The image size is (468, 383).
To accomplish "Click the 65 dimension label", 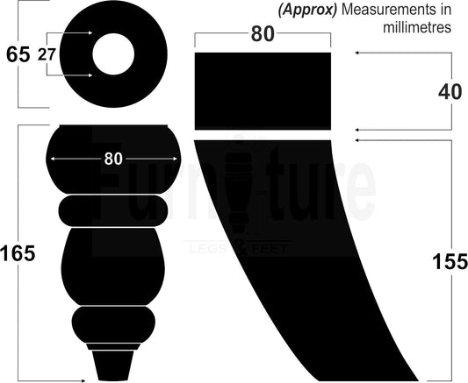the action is click(x=18, y=54).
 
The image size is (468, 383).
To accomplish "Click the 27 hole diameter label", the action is click(x=47, y=55).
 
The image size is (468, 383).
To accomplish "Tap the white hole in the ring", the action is click(x=113, y=54).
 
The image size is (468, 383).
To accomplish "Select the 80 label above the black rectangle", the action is click(x=263, y=33).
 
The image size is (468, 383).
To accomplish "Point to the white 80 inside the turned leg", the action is click(x=113, y=159).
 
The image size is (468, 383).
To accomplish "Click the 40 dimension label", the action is click(x=450, y=92).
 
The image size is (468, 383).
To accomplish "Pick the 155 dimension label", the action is click(x=450, y=262).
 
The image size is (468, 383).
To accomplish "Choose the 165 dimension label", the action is click(x=18, y=254).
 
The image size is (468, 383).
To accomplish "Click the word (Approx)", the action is click(x=307, y=10).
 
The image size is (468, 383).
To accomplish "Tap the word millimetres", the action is click(x=417, y=28).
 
